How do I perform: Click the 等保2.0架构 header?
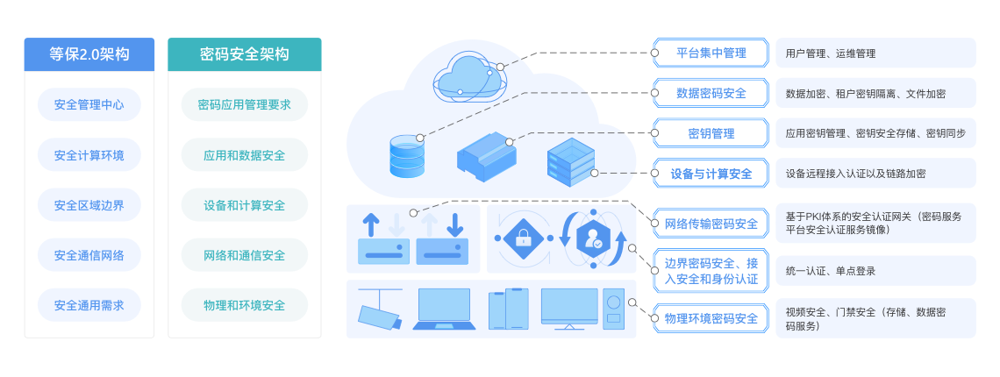89,53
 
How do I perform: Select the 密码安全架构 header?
244,53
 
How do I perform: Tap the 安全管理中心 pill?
89,105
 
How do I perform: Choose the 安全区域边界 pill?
89,205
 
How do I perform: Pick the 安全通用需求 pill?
89,305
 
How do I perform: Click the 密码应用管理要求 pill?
244,105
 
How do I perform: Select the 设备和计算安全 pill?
244,205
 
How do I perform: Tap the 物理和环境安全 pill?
244,305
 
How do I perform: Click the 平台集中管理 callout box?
711,53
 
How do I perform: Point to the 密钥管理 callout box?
711,133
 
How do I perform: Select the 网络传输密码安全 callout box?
711,224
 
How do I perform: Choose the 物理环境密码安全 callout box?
711,318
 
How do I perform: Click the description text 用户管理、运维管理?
831,53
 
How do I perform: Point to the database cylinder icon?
406,155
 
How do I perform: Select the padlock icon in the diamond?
523,237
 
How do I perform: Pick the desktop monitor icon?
569,309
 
